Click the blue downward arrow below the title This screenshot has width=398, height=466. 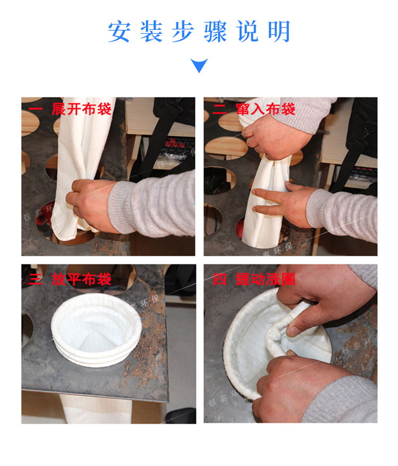[199, 65]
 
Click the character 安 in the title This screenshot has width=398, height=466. [119, 32]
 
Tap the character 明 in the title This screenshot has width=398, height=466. [279, 32]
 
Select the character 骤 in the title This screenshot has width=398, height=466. [215, 32]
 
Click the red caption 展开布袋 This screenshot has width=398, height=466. [82, 110]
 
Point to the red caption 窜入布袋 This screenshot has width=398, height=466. [266, 110]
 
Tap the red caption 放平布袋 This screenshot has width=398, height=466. [82, 279]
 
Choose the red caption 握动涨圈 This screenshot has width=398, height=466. [266, 279]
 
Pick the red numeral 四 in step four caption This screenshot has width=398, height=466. [219, 279]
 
